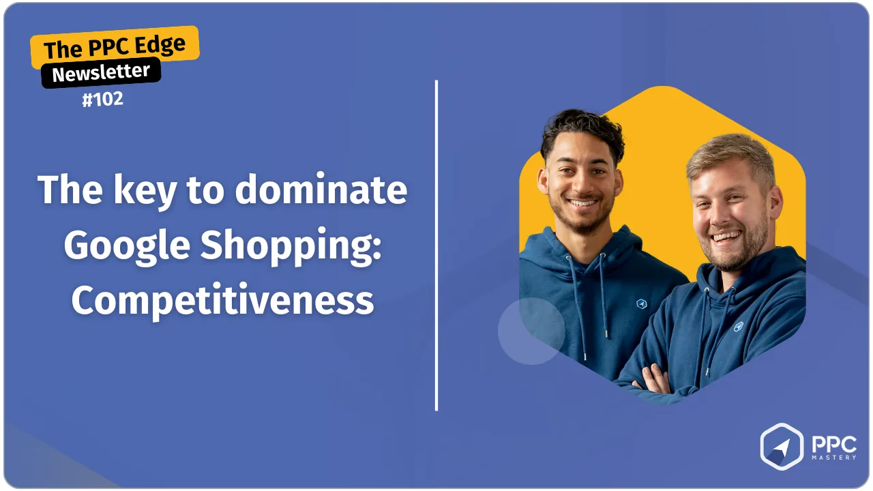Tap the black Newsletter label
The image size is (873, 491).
[101, 72]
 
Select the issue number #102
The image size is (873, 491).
[103, 99]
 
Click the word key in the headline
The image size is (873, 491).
[145, 192]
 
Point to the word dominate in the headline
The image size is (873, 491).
[321, 190]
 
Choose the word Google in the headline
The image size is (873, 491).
[127, 247]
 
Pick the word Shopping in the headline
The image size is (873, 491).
[291, 247]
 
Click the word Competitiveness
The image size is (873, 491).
[222, 300]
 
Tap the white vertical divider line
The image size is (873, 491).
[436, 245]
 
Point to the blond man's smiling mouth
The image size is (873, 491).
[726, 236]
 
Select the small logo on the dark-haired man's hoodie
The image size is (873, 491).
[642, 303]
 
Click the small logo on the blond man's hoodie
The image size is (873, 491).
[738, 327]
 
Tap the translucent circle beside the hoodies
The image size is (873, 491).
[531, 331]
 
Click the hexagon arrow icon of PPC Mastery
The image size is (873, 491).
[782, 447]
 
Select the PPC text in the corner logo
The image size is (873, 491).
[834, 445]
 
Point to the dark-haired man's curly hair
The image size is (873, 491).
[583, 130]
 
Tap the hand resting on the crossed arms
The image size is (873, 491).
[653, 380]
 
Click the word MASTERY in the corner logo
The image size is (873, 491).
[834, 458]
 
